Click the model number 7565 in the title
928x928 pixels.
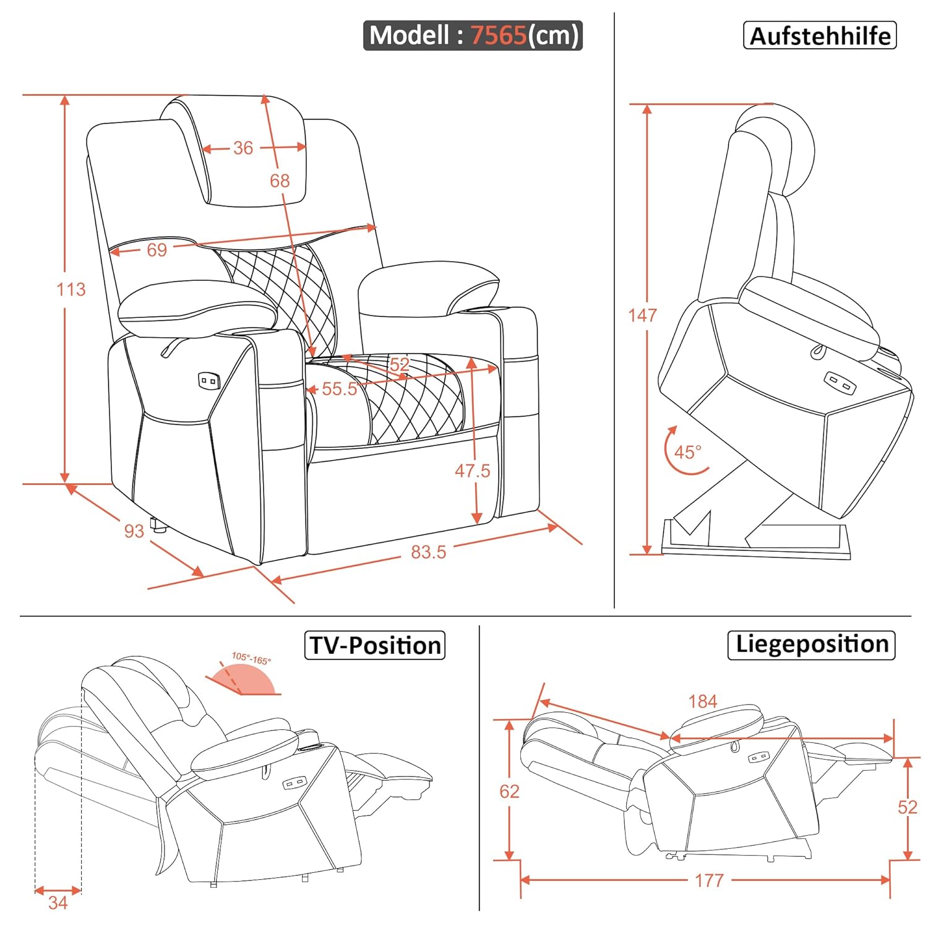pyautogui.click(x=498, y=35)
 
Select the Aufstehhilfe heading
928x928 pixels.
pyautogui.click(x=820, y=36)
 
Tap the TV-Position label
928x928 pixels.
pyautogui.click(x=375, y=645)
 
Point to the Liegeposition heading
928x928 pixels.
pyautogui.click(x=812, y=645)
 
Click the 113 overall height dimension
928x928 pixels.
pyautogui.click(x=71, y=290)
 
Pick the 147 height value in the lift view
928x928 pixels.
pyautogui.click(x=642, y=316)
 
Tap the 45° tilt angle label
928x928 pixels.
pyautogui.click(x=687, y=452)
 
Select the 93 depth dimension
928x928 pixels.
pyautogui.click(x=134, y=531)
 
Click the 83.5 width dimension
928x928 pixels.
pyautogui.click(x=428, y=552)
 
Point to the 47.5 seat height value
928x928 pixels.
pyautogui.click(x=472, y=471)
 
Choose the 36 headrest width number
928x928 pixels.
pyautogui.click(x=243, y=148)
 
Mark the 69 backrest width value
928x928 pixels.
pyautogui.click(x=157, y=250)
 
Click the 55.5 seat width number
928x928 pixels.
pyautogui.click(x=339, y=389)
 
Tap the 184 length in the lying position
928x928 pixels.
pyautogui.click(x=703, y=702)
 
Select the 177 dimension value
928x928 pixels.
pyautogui.click(x=709, y=880)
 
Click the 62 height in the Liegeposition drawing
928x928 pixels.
pyautogui.click(x=509, y=791)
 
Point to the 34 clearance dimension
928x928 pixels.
pyautogui.click(x=58, y=903)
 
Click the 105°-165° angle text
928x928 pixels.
pyautogui.click(x=251, y=659)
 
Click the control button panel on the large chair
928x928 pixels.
pyautogui.click(x=208, y=380)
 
